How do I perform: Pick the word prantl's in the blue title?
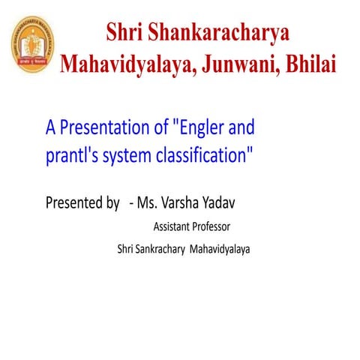70,158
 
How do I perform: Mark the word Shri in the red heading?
126,33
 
